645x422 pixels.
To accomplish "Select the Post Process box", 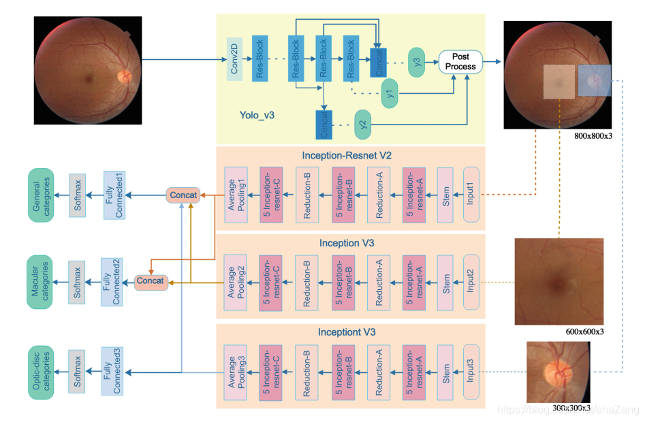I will tap(460, 61).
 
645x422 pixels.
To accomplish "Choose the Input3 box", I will tap(471, 371).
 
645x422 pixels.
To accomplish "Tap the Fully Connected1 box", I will tap(114, 195).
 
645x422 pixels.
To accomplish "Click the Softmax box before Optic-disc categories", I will tap(78, 371).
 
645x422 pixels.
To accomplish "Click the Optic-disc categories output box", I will tap(41, 371).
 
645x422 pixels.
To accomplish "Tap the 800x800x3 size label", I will tap(593, 135).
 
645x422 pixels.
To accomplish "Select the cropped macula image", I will tap(559, 281).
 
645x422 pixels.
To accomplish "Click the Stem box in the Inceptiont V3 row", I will tap(446, 371).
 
